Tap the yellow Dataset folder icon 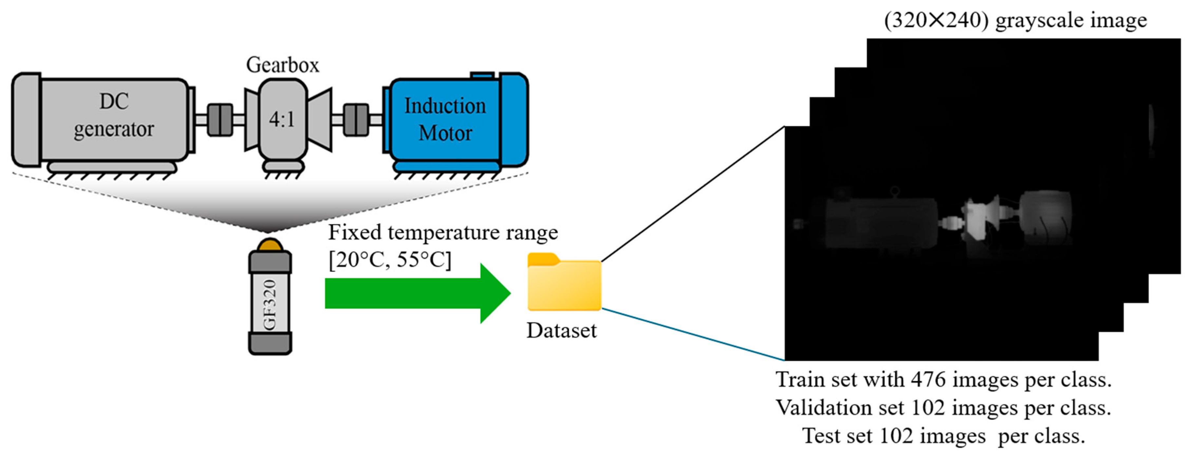click(x=564, y=283)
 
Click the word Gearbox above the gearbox click(x=282, y=65)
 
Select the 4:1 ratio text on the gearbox click(x=282, y=120)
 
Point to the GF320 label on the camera click(x=270, y=304)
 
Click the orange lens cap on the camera click(x=270, y=244)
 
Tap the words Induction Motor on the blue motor click(x=445, y=119)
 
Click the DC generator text click(x=114, y=115)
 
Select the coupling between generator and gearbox click(x=220, y=120)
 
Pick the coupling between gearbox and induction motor click(x=356, y=120)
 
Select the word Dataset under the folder click(x=561, y=330)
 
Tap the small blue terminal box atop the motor click(x=482, y=75)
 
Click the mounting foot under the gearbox click(x=283, y=166)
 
